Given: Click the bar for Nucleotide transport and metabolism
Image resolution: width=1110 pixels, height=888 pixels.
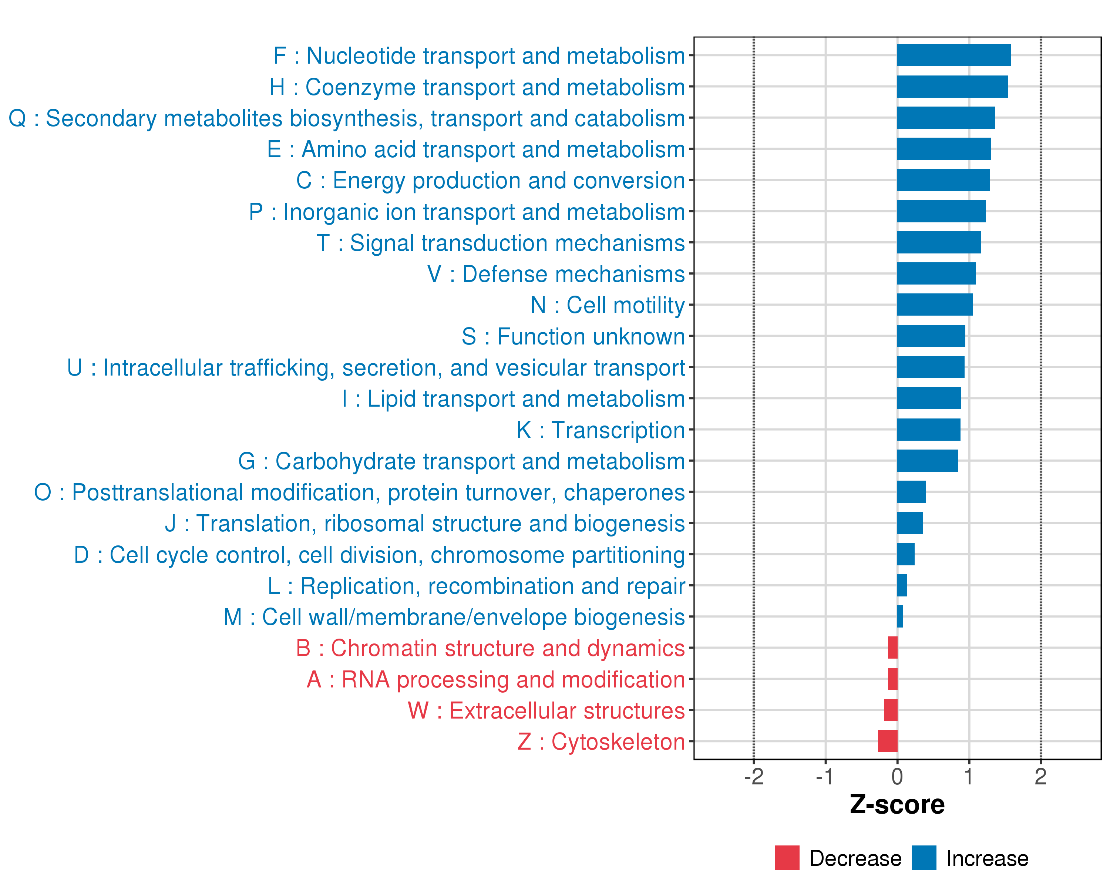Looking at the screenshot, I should point(953,55).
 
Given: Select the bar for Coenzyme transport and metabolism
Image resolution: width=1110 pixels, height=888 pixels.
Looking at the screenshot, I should point(952,87).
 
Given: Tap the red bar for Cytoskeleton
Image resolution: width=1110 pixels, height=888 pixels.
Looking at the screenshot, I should point(888,741).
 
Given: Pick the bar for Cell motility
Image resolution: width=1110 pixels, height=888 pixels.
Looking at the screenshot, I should point(935,305).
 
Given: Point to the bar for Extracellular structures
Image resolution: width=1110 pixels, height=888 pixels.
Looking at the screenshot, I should point(891,710).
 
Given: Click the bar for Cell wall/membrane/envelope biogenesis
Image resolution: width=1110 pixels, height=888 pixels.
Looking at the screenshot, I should point(900,617).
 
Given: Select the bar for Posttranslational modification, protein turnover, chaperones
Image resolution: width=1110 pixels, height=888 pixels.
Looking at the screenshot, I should point(911,492).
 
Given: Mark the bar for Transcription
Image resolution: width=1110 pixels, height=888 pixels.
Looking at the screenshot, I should point(928,429).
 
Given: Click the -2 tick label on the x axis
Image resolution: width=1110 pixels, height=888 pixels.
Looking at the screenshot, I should point(754,777).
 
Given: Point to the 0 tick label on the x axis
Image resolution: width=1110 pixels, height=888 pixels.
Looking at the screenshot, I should point(897,777).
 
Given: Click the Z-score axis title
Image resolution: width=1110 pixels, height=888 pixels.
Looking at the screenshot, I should point(897,805).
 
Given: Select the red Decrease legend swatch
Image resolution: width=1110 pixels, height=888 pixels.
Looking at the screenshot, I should point(787,858).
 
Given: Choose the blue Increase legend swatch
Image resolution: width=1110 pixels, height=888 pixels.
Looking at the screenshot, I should point(924,858).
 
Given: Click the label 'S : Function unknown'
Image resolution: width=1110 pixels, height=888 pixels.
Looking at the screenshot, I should point(573,337).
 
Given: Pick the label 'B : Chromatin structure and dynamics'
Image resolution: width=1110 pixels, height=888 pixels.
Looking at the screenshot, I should point(490,649).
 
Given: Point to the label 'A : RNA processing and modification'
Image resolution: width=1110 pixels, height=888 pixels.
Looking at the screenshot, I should point(496,680).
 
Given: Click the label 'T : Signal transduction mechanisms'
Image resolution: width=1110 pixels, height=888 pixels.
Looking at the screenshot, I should point(501,243).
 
